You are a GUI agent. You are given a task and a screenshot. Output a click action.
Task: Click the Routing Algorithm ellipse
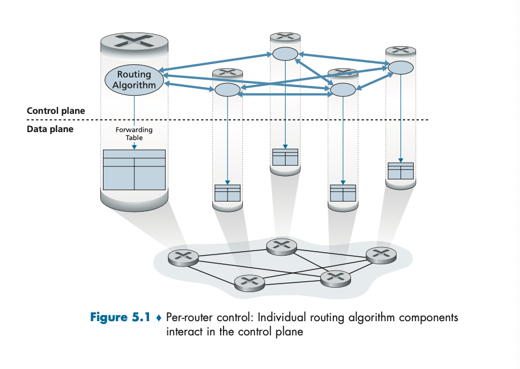pos(134,80)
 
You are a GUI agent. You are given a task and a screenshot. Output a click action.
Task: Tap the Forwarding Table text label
pos(134,134)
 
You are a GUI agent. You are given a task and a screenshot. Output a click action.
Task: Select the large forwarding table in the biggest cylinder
pos(134,170)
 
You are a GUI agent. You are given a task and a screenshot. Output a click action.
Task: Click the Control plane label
pos(56,110)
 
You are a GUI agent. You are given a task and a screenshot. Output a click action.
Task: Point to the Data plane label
pos(50,129)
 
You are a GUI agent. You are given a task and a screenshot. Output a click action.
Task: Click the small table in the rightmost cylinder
pos(400,171)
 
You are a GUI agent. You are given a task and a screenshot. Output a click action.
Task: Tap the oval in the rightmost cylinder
pos(400,67)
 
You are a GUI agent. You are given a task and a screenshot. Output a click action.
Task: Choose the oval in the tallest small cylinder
pos(285,54)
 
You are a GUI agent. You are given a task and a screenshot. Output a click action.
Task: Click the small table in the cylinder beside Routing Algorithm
pos(227,193)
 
